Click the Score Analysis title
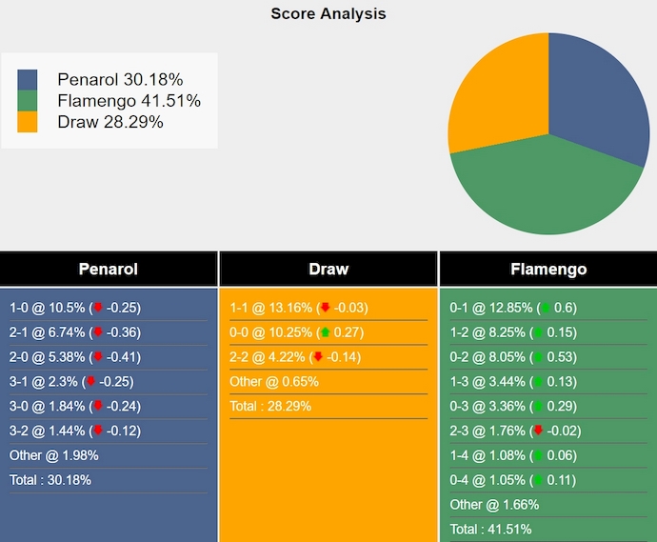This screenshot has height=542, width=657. coord(328,13)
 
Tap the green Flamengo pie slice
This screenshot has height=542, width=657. coord(543,191)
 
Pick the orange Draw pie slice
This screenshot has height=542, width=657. coord(495,95)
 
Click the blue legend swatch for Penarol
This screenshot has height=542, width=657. coord(28,80)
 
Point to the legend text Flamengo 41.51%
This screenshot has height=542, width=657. coord(129,101)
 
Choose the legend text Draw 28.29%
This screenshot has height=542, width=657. coord(110,122)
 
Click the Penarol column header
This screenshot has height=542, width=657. coord(109,270)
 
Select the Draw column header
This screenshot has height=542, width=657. coord(328,270)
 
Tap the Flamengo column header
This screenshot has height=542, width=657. coord(548,270)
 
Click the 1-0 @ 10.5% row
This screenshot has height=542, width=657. coord(75,308)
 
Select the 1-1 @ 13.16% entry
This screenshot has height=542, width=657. coord(298,308)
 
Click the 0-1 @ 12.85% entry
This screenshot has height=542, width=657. coord(513,308)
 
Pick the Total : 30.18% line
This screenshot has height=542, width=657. coord(50,480)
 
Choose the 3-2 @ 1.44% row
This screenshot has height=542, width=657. coord(75,431)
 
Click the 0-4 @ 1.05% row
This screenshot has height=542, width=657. coord(513,480)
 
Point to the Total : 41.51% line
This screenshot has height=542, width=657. coord(491,530)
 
